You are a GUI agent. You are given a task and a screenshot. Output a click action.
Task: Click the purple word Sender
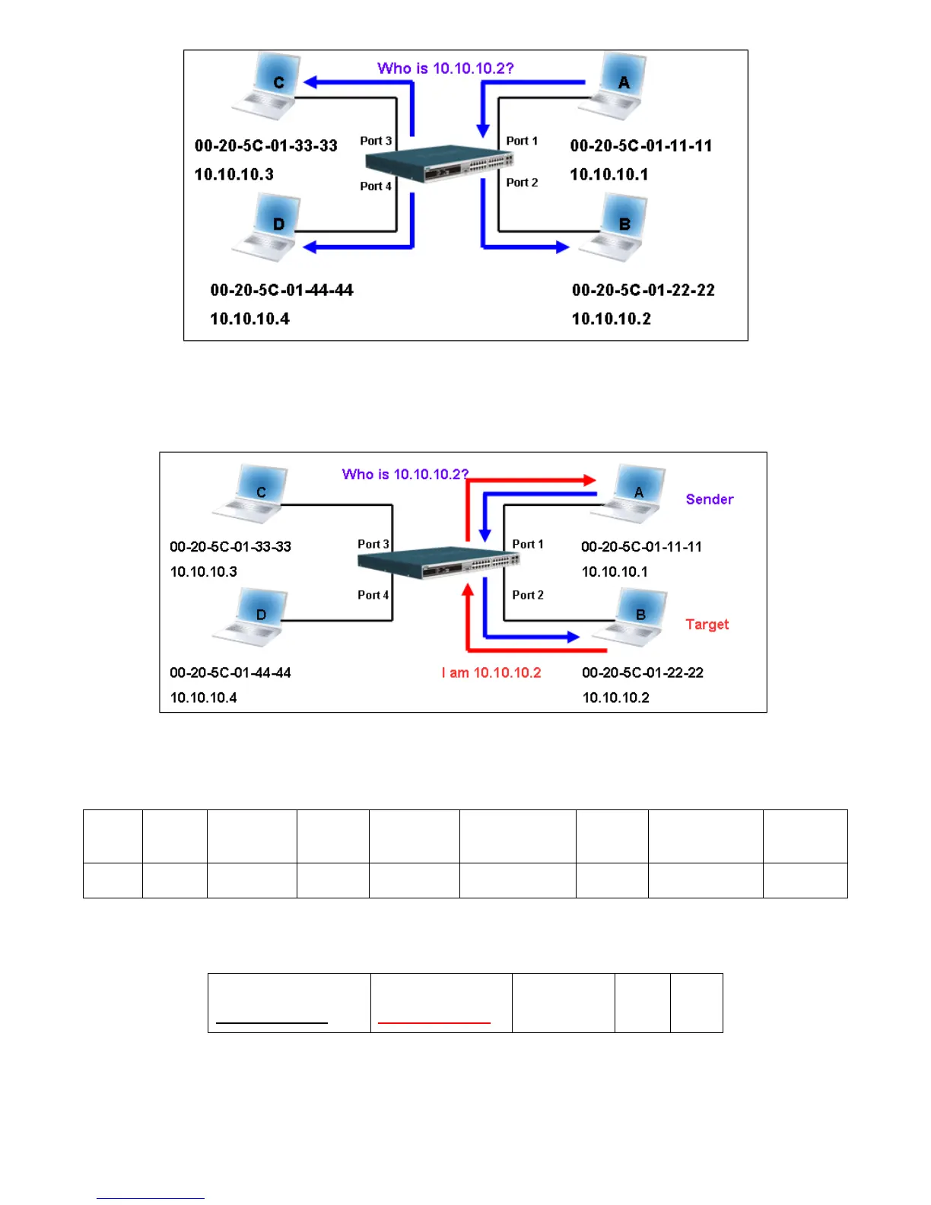pos(709,500)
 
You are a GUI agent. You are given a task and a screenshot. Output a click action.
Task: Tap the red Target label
pos(707,625)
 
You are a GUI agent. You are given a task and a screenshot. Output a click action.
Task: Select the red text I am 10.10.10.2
pos(491,672)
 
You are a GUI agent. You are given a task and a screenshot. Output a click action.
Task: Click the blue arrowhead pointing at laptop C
pos(310,82)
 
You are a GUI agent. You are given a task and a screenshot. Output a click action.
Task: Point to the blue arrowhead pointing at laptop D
pos(310,246)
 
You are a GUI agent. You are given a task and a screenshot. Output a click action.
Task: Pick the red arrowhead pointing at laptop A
pos(589,480)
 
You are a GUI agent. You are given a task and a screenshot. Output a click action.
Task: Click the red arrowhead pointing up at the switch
pos(468,590)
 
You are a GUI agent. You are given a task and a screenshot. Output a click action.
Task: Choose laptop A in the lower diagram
pos(631,494)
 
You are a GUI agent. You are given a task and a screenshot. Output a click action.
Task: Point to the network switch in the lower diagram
pos(438,562)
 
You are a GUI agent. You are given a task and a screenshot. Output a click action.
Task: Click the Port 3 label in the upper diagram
pos(376,141)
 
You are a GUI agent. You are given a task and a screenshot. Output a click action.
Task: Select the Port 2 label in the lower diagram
pos(528,595)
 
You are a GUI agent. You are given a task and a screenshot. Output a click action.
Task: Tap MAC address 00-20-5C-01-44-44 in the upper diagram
pos(281,290)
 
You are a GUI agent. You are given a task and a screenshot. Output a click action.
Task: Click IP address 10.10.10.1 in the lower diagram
pos(615,571)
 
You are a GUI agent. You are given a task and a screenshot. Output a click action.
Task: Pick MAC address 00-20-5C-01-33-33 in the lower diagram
pos(230,546)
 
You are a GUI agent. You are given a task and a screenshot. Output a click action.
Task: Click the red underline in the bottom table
pos(434,1023)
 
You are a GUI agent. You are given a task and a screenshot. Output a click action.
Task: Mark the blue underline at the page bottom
pos(150,1199)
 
